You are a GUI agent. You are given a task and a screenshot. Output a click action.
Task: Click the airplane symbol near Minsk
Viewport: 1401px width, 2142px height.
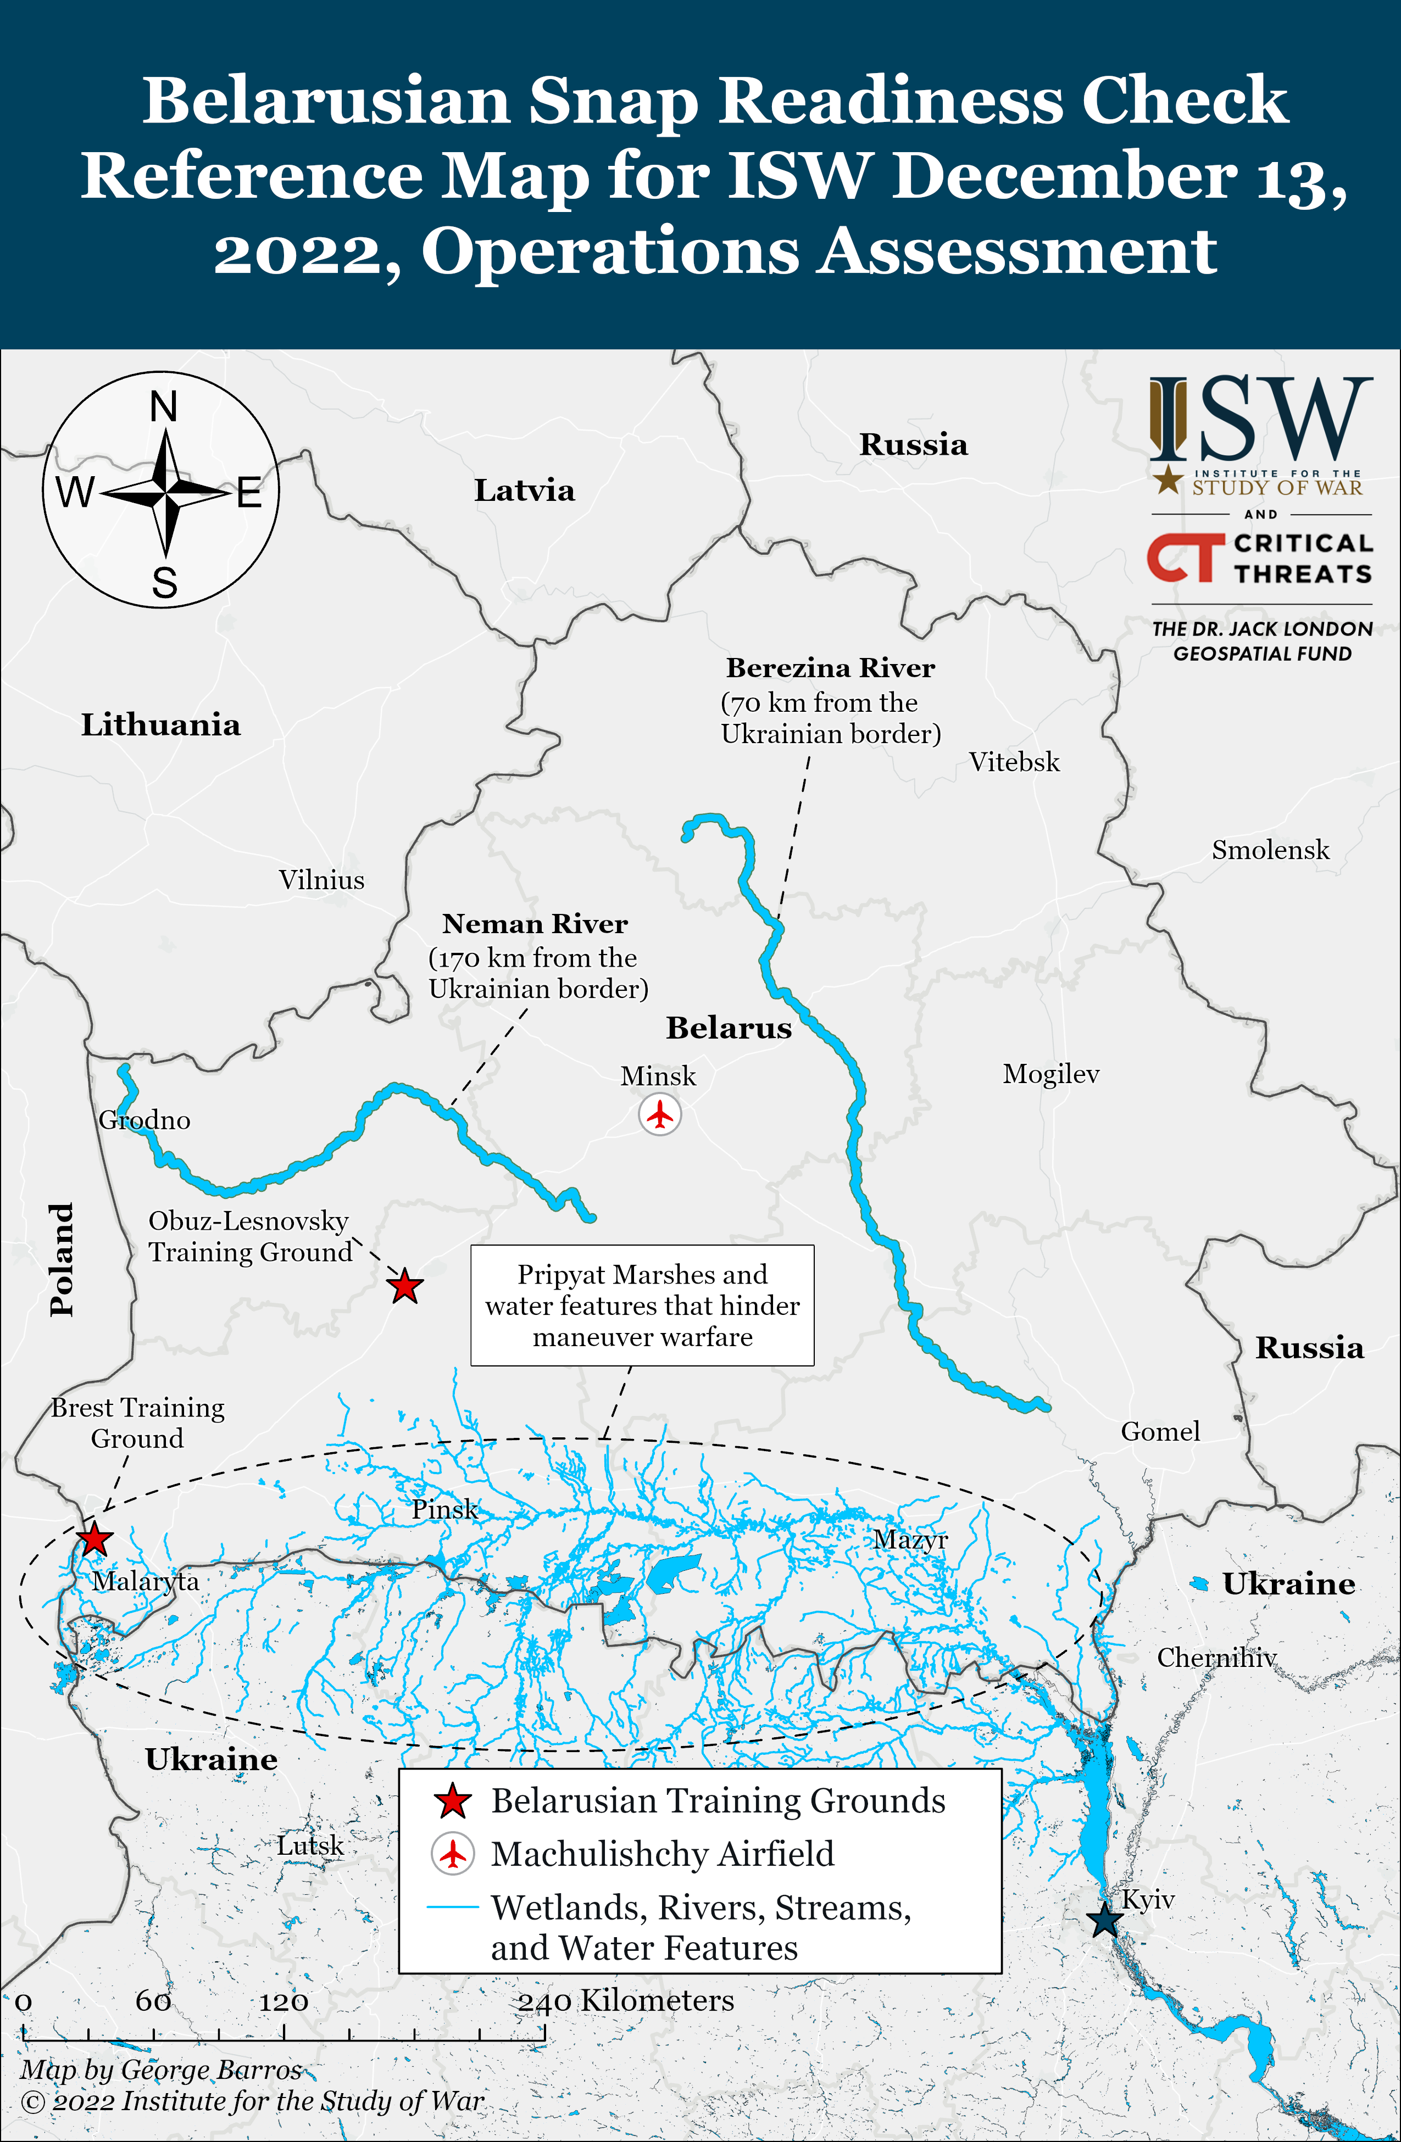(x=660, y=1114)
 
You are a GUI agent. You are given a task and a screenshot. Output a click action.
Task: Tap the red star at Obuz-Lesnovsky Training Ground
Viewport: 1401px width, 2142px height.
(x=404, y=1286)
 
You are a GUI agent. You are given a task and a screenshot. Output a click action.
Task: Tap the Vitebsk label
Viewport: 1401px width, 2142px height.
(x=1014, y=762)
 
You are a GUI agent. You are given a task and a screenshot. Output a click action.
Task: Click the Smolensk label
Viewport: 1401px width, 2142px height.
(x=1270, y=850)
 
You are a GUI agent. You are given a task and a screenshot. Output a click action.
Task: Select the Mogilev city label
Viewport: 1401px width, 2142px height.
(x=1050, y=1074)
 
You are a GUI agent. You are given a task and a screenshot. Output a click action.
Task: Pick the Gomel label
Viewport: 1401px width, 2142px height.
(x=1160, y=1431)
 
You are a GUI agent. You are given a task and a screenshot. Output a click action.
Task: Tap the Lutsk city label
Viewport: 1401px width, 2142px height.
(x=310, y=1846)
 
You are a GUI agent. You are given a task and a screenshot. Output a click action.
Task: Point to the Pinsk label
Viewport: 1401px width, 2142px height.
(x=445, y=1509)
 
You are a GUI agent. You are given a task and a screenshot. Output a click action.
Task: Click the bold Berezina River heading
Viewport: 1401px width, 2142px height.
(x=830, y=668)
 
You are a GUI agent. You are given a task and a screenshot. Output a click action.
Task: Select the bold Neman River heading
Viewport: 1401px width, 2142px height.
(x=535, y=923)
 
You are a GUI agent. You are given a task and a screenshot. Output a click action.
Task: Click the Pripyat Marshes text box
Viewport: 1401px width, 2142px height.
(x=642, y=1305)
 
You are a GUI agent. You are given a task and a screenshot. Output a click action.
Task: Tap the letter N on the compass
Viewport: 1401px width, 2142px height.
(x=163, y=407)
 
